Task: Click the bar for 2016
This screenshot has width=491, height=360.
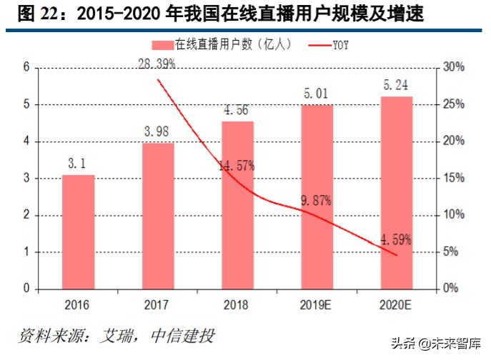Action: (x=78, y=231)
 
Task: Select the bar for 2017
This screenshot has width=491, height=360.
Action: (x=158, y=216)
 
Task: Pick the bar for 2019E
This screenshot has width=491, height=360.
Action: (x=317, y=196)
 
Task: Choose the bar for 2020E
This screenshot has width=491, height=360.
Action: (x=396, y=192)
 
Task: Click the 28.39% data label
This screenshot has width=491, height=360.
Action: (x=157, y=65)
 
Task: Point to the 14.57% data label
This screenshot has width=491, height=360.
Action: (x=237, y=165)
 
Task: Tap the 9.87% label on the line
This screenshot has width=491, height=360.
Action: (x=316, y=201)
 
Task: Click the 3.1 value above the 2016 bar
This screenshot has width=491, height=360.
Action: (x=78, y=164)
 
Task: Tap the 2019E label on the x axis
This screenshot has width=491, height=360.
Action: (x=317, y=305)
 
